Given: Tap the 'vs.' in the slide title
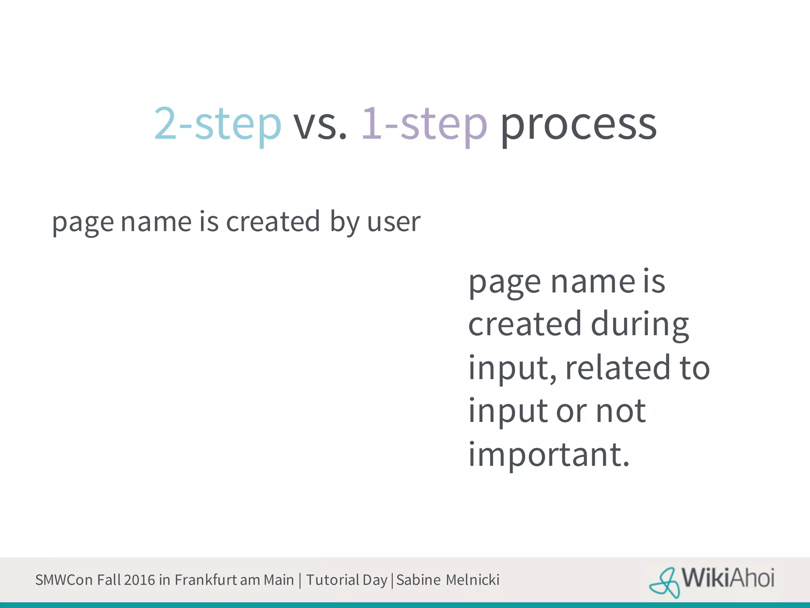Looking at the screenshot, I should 320,124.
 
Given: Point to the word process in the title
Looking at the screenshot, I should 579,124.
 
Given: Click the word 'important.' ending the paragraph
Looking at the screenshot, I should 549,454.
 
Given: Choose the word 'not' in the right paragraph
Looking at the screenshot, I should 621,411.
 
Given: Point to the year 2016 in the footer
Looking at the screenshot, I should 139,580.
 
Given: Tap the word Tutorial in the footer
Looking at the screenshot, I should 333,580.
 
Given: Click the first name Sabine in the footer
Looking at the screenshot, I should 418,580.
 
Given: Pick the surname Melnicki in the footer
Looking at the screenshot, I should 472,580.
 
